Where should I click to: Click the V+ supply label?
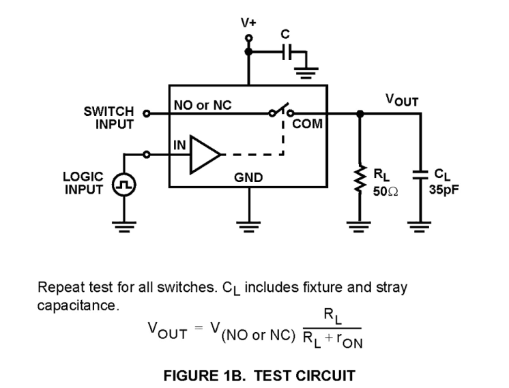tap(248, 23)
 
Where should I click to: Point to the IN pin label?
tap(178, 144)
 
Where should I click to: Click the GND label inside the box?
tap(248, 178)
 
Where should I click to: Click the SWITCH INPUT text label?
tap(108, 118)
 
